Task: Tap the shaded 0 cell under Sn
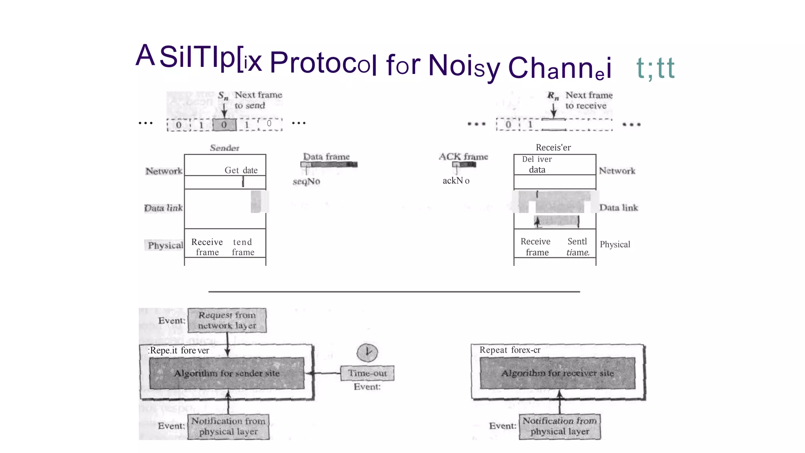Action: [224, 125]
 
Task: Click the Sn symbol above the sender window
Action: [223, 96]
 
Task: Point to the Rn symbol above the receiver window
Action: [553, 96]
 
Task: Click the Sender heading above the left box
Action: [224, 148]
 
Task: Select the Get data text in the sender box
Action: [241, 170]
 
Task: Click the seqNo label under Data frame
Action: [306, 181]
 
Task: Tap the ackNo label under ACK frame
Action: [456, 180]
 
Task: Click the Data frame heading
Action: [326, 157]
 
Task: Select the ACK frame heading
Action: [463, 157]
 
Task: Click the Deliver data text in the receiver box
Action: [537, 164]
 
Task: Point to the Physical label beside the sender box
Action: [165, 245]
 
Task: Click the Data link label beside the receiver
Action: [618, 208]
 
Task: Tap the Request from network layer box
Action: [227, 320]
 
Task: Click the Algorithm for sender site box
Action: [227, 373]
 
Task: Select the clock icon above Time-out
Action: [367, 352]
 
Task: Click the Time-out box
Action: [367, 373]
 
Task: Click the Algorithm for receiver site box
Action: [557, 373]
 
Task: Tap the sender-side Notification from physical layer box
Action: [228, 426]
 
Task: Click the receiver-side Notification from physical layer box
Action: [560, 426]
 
